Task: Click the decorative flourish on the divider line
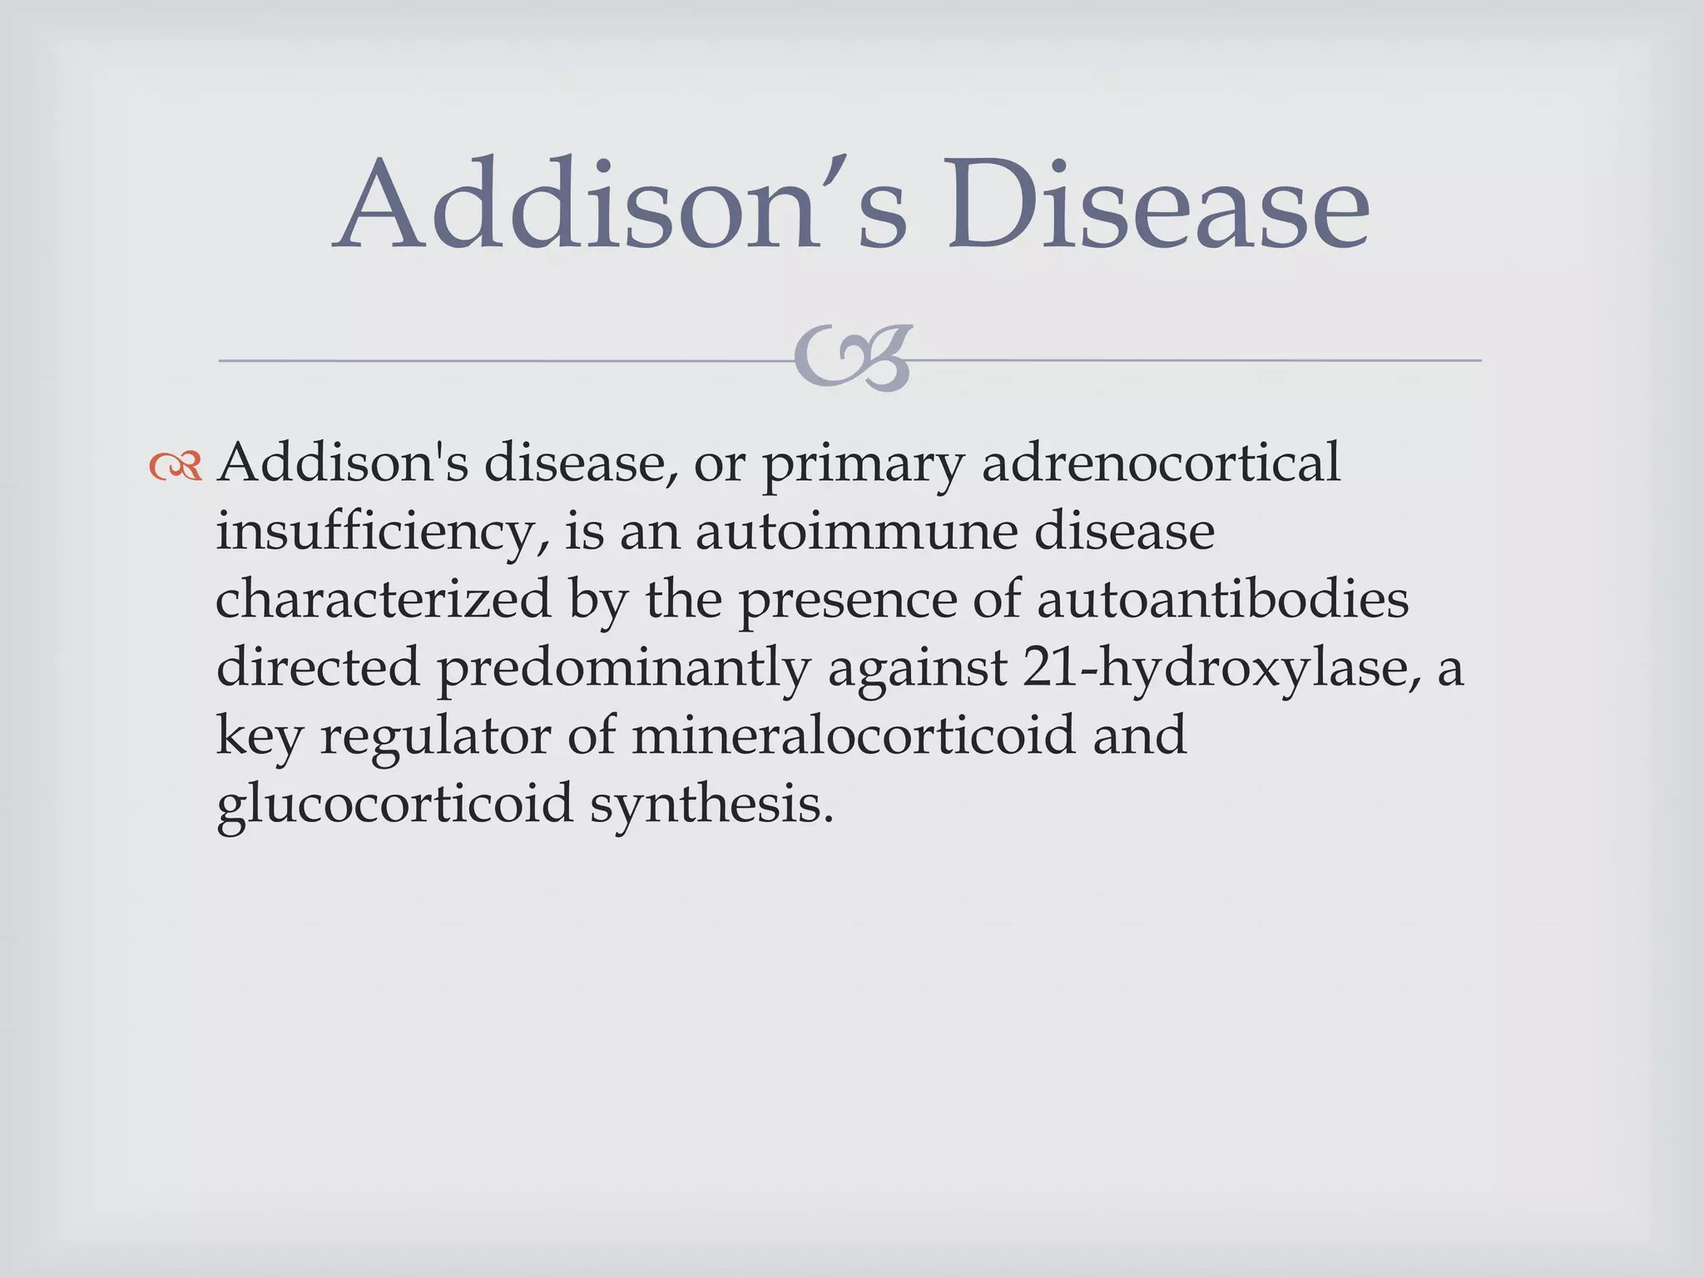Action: point(852,359)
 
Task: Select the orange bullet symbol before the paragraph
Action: point(176,467)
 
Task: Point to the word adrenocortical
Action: point(1161,463)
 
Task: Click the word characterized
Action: point(383,599)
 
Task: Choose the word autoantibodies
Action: point(1222,599)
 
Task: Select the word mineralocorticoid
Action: point(853,736)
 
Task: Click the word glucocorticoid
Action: point(395,805)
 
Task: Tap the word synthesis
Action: point(712,805)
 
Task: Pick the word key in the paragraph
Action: point(259,737)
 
